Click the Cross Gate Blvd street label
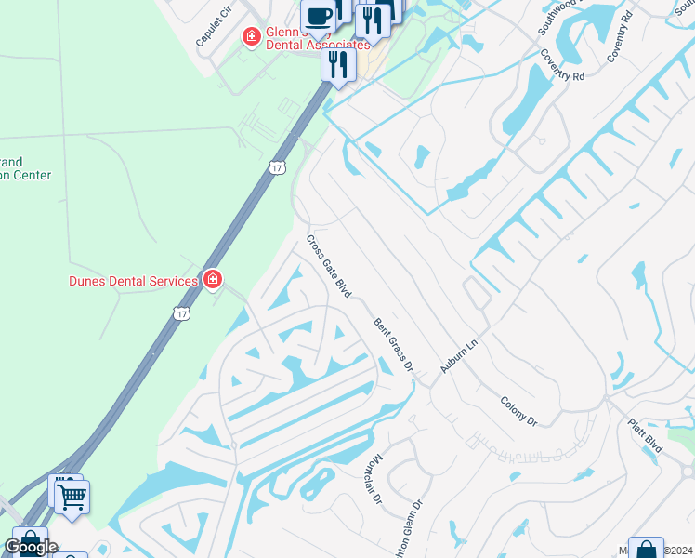tap(329, 266)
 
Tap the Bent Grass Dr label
tap(393, 345)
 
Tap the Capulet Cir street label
tap(213, 30)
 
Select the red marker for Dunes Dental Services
tap(213, 279)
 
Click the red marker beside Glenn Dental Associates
tap(251, 37)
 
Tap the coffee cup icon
tap(319, 15)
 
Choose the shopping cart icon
tap(72, 496)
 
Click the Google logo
tap(32, 547)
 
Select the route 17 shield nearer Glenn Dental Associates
tap(277, 167)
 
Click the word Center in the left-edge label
tap(32, 175)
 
